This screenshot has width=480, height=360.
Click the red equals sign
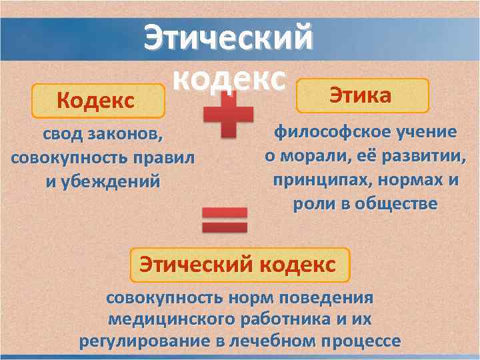(224, 221)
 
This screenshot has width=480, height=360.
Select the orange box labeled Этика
(361, 95)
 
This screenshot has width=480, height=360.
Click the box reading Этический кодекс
(237, 265)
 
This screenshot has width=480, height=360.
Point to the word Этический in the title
(229, 37)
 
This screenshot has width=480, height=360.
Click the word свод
(62, 135)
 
